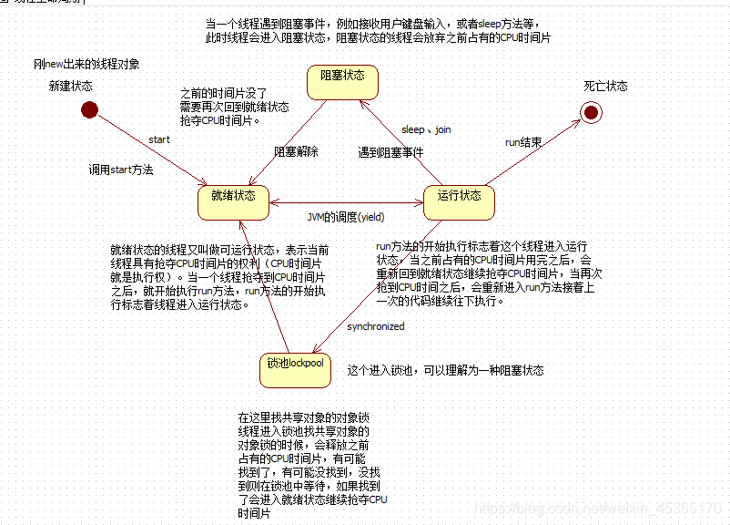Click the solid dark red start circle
pos(89,109)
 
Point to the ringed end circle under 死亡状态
pos(593,111)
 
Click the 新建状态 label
pos(72,86)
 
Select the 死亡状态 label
pos(605,86)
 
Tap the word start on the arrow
pos(159,139)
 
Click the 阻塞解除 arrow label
pos(296,152)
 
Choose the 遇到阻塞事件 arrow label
pos(390,152)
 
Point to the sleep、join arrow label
pos(426,129)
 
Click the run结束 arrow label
pos(523,142)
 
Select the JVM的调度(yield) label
pos(346,217)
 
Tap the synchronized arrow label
pos(375,326)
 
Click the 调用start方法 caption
pos(121,170)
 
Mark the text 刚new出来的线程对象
pos(87,64)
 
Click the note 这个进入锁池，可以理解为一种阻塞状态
pos(445,370)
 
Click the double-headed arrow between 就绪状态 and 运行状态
pos(346,201)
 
